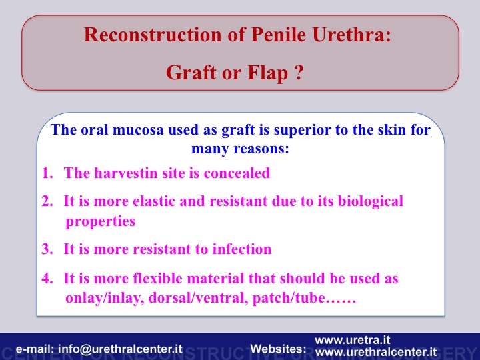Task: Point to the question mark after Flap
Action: (299, 73)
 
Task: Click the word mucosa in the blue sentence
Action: (137, 129)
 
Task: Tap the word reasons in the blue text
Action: (261, 149)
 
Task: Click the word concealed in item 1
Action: (237, 173)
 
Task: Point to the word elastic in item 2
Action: (154, 201)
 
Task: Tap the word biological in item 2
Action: (371, 202)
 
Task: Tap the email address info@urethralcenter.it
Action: (120, 349)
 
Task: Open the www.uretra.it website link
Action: (353, 340)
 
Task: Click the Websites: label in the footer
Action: (278, 349)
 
